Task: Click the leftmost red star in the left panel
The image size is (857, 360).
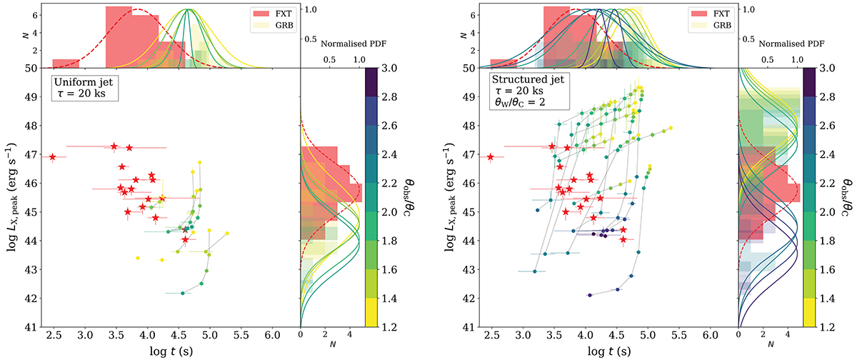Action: [53, 156]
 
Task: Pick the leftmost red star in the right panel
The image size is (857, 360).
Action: [491, 156]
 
